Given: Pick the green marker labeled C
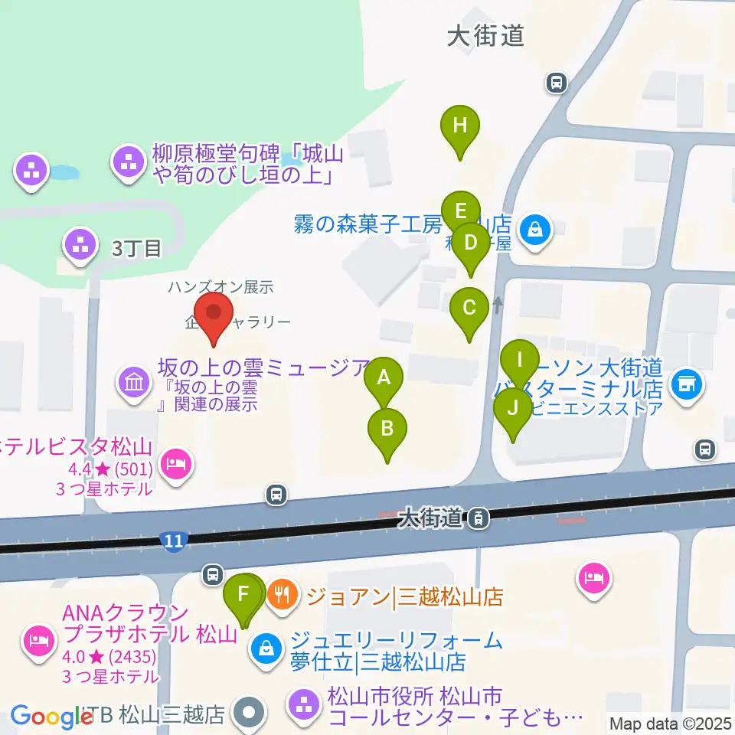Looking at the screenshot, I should [469, 309].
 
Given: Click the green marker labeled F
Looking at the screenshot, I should [243, 595].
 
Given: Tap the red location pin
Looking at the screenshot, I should [214, 314].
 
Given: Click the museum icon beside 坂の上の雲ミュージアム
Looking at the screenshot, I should [135, 380].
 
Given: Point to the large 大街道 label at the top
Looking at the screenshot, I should [485, 35].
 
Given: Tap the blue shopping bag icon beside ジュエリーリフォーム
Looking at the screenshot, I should [265, 649].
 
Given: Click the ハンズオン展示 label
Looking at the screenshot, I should [221, 288].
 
